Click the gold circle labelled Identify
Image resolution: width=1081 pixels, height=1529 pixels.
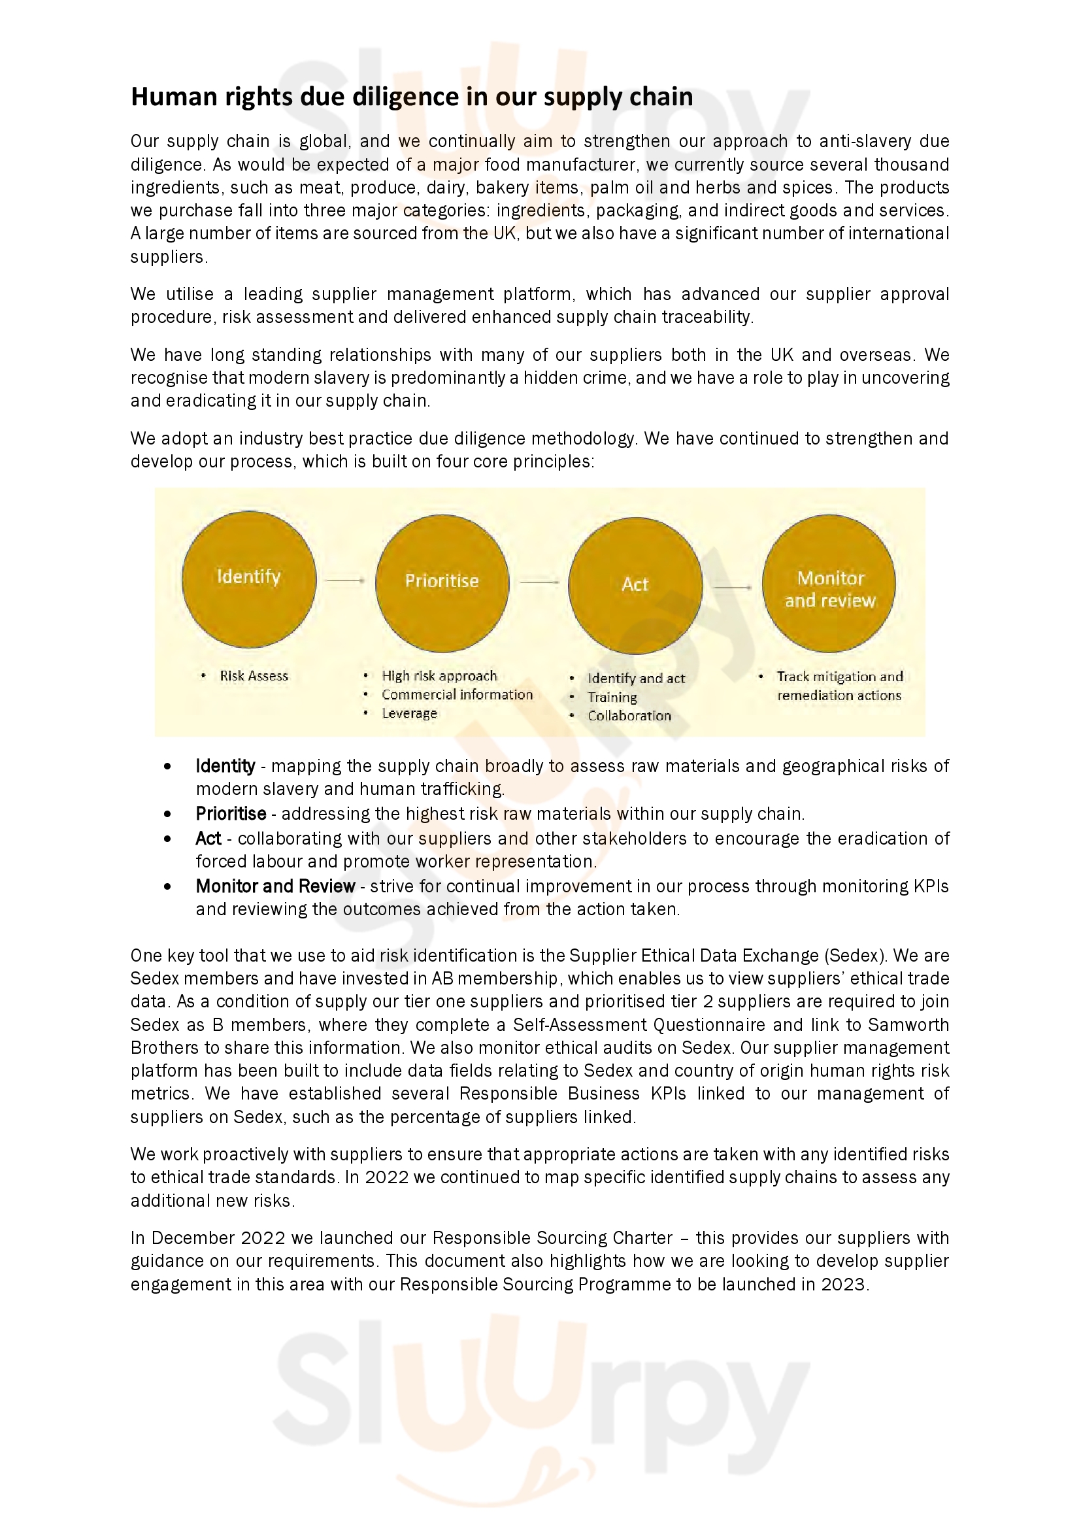248,577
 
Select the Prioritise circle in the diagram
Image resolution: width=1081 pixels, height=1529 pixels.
442,582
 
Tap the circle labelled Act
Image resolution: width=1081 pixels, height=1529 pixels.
635,585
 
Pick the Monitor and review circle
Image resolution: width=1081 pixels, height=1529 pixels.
829,583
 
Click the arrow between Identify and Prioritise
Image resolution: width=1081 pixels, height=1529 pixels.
345,580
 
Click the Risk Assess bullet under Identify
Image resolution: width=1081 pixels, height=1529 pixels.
254,676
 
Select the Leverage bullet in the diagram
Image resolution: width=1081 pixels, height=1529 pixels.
409,713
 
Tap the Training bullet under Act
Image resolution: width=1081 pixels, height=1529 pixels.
612,697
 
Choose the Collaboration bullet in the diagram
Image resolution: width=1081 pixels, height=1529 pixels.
629,716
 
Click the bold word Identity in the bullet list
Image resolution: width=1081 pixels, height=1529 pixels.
225,766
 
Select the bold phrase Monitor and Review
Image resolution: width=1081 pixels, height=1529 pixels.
275,886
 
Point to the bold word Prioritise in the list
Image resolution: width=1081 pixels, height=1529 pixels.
230,814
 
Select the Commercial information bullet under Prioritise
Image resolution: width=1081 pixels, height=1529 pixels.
457,695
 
